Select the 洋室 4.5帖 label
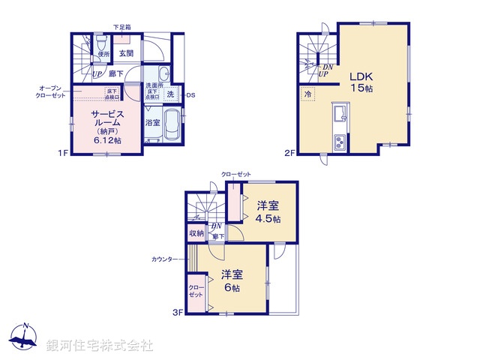pos(268,211)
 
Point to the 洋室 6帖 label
pos(230,281)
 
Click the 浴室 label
pos(151,122)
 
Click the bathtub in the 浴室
pos(172,124)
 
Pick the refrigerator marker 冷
pos(307,95)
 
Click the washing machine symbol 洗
pos(171,94)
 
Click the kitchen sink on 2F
pos(339,115)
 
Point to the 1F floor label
pos(64,153)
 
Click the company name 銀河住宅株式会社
pos(100,346)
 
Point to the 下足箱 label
pos(121,28)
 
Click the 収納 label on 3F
pos(196,233)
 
